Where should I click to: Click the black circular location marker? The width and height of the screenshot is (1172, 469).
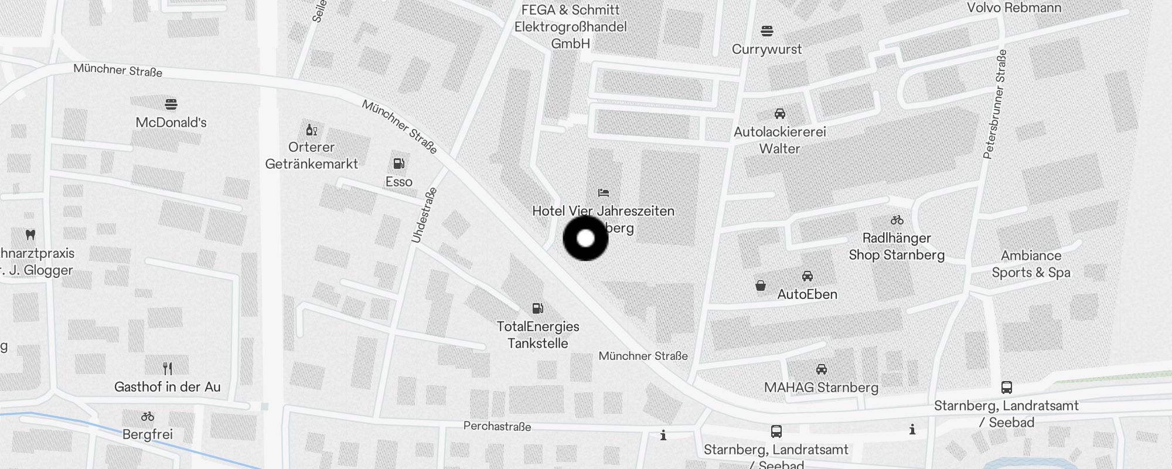(585, 238)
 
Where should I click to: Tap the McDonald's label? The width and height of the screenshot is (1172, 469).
(171, 123)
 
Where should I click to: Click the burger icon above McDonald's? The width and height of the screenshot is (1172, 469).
(171, 104)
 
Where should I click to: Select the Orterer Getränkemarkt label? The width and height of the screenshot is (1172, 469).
(311, 155)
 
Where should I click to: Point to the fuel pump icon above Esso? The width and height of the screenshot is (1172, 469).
(399, 164)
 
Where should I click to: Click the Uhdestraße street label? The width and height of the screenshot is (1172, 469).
(424, 215)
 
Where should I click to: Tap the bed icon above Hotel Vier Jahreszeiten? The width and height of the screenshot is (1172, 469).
(604, 192)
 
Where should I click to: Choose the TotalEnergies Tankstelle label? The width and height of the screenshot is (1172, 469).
(538, 335)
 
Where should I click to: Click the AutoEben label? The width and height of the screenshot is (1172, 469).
(807, 294)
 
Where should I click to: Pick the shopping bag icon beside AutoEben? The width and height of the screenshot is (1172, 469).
(760, 286)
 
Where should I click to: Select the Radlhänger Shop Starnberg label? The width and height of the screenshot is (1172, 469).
(897, 246)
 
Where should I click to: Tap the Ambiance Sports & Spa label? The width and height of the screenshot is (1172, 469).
(1031, 264)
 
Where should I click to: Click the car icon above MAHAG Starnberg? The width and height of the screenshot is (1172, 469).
(822, 369)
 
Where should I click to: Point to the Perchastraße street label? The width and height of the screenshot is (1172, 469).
(497, 426)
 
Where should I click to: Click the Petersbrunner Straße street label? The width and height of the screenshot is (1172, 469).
(995, 104)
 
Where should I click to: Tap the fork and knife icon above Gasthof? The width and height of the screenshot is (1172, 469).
(168, 368)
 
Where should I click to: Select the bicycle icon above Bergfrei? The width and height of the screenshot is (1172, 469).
(148, 417)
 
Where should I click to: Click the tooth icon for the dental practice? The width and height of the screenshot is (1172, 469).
(31, 235)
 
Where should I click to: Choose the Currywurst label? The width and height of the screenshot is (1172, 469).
(766, 49)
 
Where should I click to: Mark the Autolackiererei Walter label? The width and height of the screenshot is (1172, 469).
(779, 140)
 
